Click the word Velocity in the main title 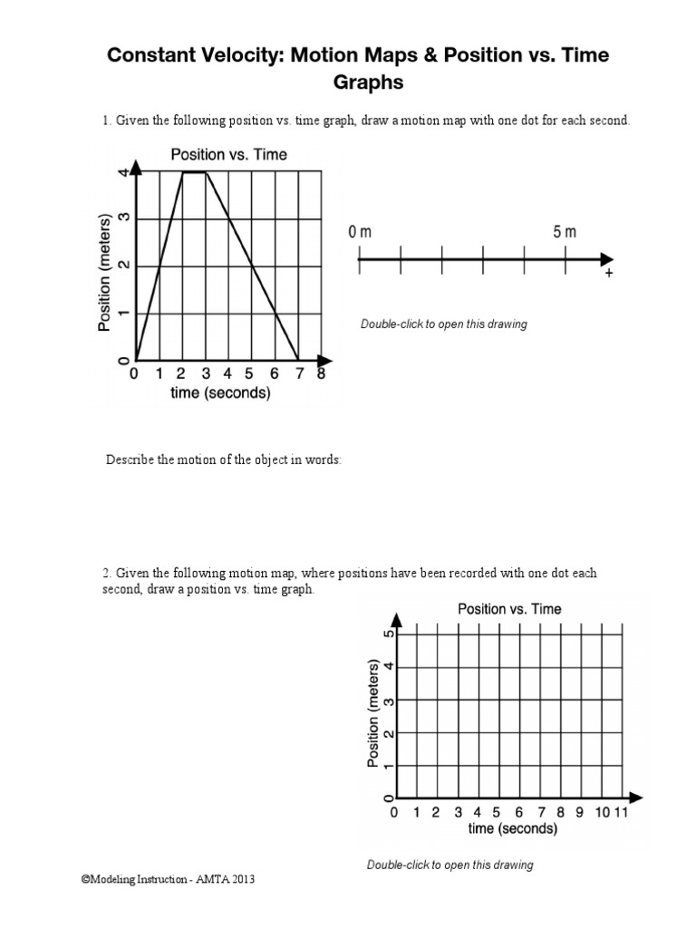[x=227, y=55]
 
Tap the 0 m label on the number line [x=360, y=233]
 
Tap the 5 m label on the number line [x=565, y=233]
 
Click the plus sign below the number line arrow [x=608, y=274]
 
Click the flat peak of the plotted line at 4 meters [x=195, y=171]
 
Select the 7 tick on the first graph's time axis [x=297, y=373]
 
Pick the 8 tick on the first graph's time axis [x=320, y=373]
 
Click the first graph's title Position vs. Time [x=228, y=155]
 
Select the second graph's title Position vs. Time [x=509, y=609]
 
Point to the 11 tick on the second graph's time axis [x=621, y=813]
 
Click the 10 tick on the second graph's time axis [x=602, y=813]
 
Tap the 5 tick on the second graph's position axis [x=389, y=633]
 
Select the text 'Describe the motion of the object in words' [x=224, y=460]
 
